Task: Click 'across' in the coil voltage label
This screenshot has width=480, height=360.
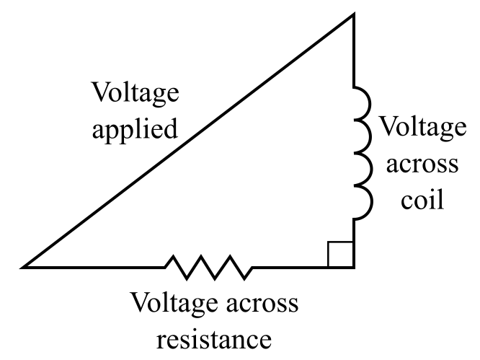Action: (x=422, y=163)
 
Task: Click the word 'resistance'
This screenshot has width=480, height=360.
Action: (x=214, y=338)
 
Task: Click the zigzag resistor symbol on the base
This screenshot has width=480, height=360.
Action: (x=209, y=266)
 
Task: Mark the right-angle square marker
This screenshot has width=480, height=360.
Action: (x=340, y=255)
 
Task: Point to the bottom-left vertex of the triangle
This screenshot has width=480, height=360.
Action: (x=25, y=267)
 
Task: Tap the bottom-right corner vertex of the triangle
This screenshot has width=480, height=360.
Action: (x=353, y=267)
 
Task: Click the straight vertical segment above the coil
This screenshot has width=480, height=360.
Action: (x=353, y=51)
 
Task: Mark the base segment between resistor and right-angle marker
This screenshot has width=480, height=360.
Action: (x=288, y=267)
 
